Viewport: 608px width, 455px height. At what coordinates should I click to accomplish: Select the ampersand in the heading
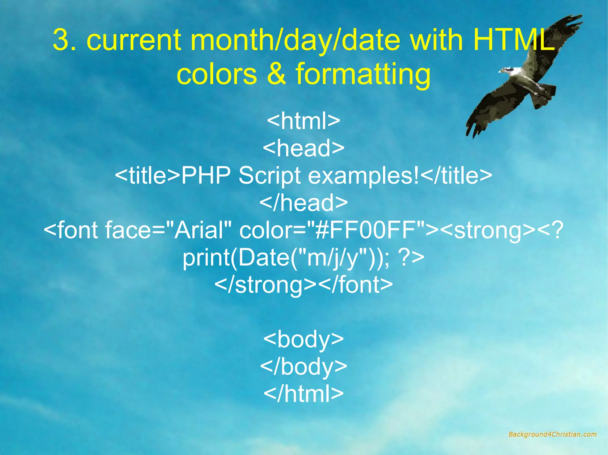pyautogui.click(x=276, y=74)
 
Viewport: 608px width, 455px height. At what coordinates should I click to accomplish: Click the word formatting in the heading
pyautogui.click(x=363, y=74)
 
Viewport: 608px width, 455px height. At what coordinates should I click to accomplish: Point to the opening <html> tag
pyautogui.click(x=303, y=121)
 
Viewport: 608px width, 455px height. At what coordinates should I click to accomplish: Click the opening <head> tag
pyautogui.click(x=303, y=148)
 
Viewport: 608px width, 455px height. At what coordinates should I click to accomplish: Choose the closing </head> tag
pyautogui.click(x=303, y=203)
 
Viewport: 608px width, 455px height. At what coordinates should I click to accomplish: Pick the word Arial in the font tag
pyautogui.click(x=198, y=230)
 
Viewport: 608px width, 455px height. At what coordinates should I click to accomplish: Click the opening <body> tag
pyautogui.click(x=303, y=339)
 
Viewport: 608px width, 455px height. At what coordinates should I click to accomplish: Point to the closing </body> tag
pyautogui.click(x=303, y=367)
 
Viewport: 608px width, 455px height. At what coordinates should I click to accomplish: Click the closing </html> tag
pyautogui.click(x=303, y=394)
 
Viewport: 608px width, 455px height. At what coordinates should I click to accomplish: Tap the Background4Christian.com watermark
pyautogui.click(x=552, y=434)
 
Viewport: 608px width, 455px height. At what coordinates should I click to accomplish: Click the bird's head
pyautogui.click(x=508, y=71)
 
